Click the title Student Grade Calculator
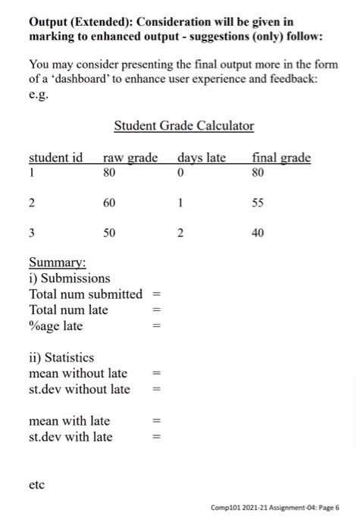point(183,126)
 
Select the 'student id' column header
point(55,158)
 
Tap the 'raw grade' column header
point(130,158)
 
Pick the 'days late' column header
point(202,158)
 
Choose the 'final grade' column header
point(281,158)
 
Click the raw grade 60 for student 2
point(110,203)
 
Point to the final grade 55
point(258,203)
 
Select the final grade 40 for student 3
point(258,234)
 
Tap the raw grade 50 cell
point(110,234)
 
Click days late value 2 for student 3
point(180,234)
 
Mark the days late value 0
point(180,172)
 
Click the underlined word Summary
point(57,263)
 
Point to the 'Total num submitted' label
point(85,294)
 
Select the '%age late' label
point(55,325)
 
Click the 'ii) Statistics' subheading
point(61,357)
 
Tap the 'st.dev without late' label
point(79,389)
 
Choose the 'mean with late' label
point(69,421)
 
